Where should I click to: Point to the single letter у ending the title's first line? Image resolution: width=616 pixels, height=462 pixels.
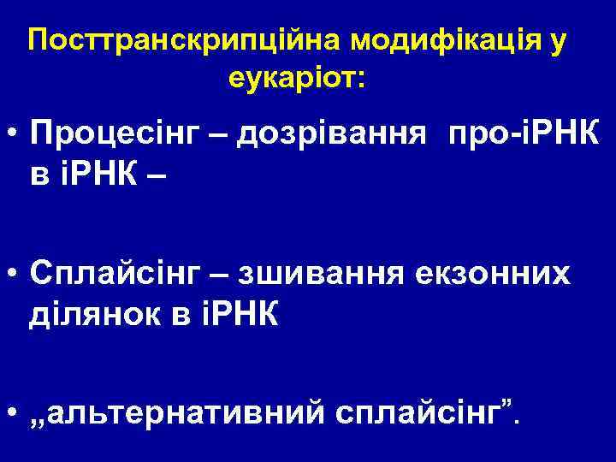558,43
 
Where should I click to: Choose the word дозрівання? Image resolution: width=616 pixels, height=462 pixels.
340,133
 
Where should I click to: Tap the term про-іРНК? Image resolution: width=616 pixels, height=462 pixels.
521,133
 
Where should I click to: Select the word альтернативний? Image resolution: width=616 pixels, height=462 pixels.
178,415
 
